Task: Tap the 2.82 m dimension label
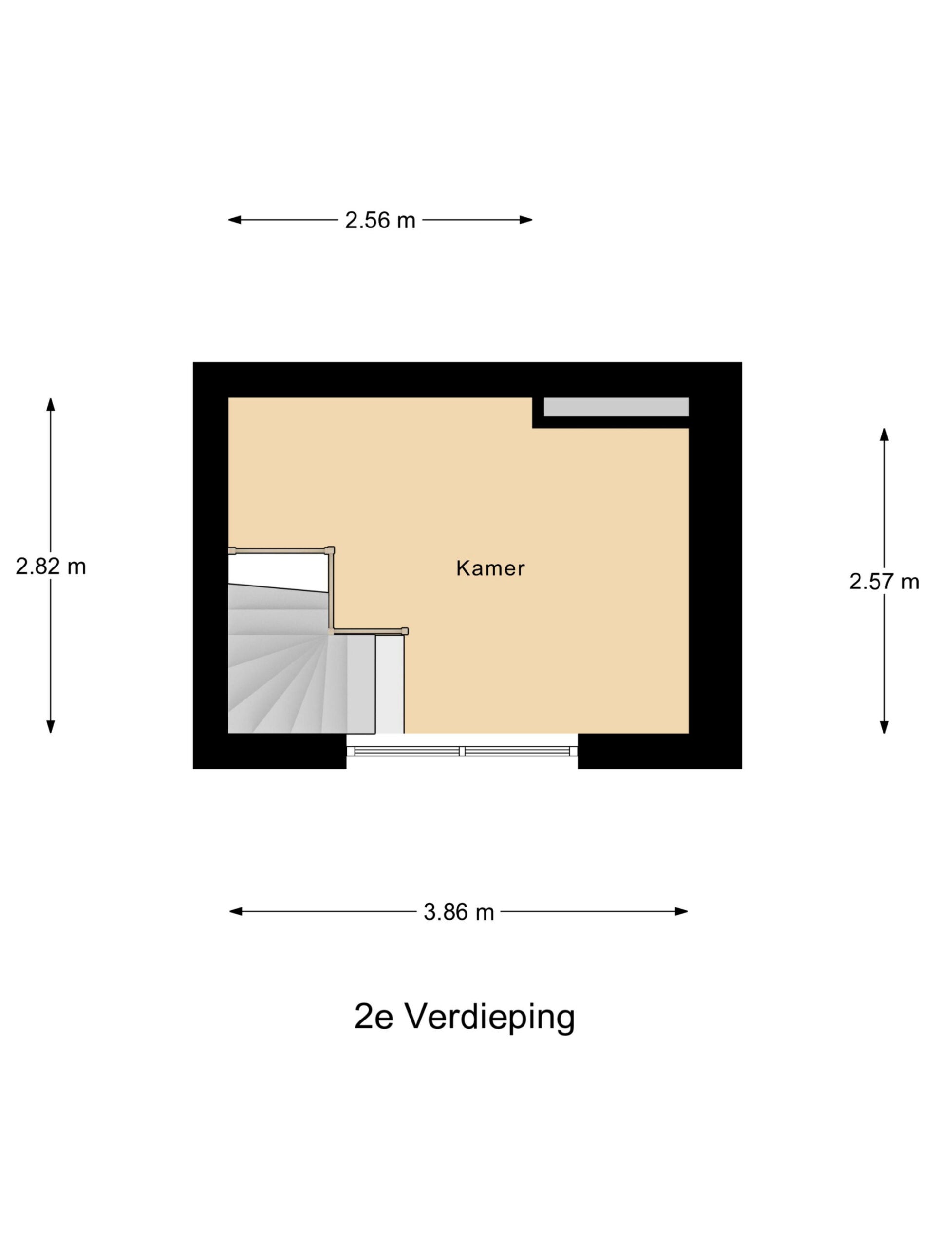tap(51, 566)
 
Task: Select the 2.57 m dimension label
tap(884, 581)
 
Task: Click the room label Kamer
tap(490, 568)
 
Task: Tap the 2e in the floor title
tap(373, 1017)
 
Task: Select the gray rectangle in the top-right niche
tap(616, 407)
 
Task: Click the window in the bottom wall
tap(462, 751)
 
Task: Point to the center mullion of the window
tap(462, 751)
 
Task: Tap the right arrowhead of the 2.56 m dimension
tap(526, 220)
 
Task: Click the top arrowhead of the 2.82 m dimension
tap(51, 404)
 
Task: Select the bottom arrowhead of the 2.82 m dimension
tap(51, 727)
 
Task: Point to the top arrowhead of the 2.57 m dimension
tap(884, 435)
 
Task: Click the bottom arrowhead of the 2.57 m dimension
tap(884, 727)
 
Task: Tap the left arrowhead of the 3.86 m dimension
tap(236, 911)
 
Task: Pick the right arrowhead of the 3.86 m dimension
tap(681, 911)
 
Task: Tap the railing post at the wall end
tap(232, 551)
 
